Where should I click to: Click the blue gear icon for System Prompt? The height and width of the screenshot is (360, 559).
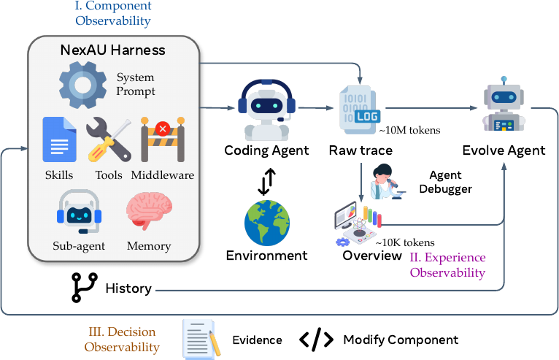[82, 85]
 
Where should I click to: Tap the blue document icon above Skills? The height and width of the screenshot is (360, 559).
[60, 139]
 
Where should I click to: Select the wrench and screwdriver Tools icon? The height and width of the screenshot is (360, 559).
[109, 139]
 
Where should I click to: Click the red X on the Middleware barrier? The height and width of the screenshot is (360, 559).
[163, 129]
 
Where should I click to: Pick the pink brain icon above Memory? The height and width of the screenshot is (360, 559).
[149, 211]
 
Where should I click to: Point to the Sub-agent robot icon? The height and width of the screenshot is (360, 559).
[79, 212]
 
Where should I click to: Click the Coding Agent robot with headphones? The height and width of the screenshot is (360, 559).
[266, 110]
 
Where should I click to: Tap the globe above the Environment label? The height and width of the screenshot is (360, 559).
[267, 223]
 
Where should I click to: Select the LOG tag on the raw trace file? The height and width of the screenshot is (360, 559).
[368, 116]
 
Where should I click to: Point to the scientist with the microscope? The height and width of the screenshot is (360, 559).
[388, 182]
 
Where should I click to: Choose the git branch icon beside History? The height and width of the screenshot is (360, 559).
[85, 288]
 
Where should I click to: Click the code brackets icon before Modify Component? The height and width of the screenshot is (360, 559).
[317, 340]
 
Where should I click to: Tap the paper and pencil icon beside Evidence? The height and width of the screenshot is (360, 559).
[202, 340]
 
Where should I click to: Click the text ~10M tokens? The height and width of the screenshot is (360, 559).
[409, 130]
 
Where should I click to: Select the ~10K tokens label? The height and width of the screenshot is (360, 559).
[405, 242]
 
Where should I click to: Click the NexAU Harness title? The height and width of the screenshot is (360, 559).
[112, 50]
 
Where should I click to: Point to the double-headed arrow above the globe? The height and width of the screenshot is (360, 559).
[266, 182]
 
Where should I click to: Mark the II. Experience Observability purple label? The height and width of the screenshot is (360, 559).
[448, 265]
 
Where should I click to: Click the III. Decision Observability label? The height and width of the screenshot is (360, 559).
[122, 340]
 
